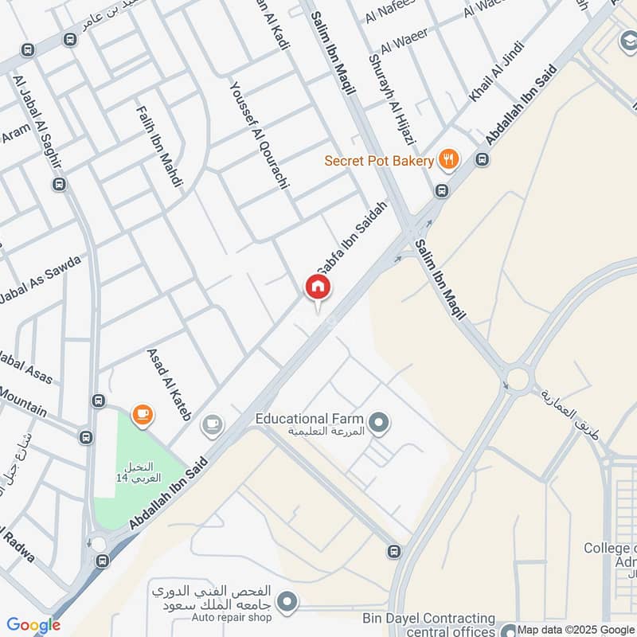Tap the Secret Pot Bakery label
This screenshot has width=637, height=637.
point(378,161)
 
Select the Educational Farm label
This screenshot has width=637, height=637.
point(309,419)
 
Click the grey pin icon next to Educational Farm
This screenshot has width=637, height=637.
point(379,422)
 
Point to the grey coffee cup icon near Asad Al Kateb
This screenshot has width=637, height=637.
point(212,424)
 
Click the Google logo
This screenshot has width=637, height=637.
point(33,625)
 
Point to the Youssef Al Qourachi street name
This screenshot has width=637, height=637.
point(259,140)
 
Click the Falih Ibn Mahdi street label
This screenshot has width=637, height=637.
point(159,147)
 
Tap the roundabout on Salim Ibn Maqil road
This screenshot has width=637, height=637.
point(518,378)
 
